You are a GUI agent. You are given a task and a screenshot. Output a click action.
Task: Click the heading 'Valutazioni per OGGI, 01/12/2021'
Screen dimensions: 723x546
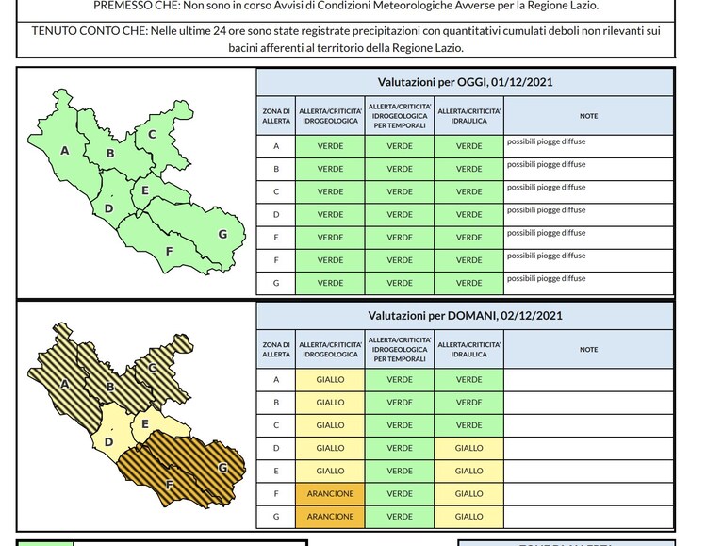[465, 82]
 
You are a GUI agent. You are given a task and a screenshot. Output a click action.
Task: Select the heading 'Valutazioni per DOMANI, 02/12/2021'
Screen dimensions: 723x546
[465, 316]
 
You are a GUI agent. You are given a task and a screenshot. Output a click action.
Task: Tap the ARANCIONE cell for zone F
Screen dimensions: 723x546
[330, 494]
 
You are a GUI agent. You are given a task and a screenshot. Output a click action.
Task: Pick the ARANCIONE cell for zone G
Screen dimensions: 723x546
[330, 517]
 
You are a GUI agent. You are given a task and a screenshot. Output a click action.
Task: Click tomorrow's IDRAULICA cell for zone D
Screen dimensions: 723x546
[468, 448]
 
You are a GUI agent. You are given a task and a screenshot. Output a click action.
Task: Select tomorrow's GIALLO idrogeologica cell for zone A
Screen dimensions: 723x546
[330, 379]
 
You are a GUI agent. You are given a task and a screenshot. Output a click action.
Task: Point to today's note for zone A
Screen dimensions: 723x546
[547, 141]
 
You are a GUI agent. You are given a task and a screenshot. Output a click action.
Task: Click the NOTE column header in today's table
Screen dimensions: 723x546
[588, 116]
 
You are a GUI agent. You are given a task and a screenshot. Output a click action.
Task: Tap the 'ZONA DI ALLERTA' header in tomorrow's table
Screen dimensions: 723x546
[276, 350]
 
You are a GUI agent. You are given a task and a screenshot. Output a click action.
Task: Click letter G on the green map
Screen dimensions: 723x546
[222, 234]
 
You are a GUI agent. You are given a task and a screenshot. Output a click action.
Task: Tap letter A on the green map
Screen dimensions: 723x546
[64, 151]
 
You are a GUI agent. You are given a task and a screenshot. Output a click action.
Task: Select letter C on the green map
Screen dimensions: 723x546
[152, 134]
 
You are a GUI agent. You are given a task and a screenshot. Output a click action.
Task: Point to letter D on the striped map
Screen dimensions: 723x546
[108, 442]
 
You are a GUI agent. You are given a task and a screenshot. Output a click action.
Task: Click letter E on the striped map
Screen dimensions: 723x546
[145, 424]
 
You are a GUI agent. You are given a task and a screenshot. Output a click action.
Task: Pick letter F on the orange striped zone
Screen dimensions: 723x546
[170, 485]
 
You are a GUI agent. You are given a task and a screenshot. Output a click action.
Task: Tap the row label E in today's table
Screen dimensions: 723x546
[276, 238]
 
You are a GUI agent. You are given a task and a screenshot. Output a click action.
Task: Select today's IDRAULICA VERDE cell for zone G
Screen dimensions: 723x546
[468, 283]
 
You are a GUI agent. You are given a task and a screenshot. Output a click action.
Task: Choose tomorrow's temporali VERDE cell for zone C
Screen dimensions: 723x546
[400, 425]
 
